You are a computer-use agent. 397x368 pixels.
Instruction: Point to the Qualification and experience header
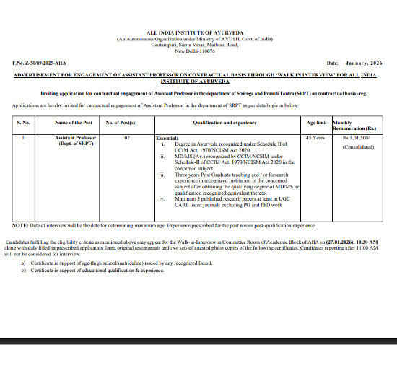[x=224, y=123]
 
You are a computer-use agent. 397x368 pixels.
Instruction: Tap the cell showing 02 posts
[x=127, y=136]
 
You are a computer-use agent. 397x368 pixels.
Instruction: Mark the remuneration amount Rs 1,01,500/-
[x=356, y=136]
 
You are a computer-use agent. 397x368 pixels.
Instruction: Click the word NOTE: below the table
[x=20, y=225]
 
